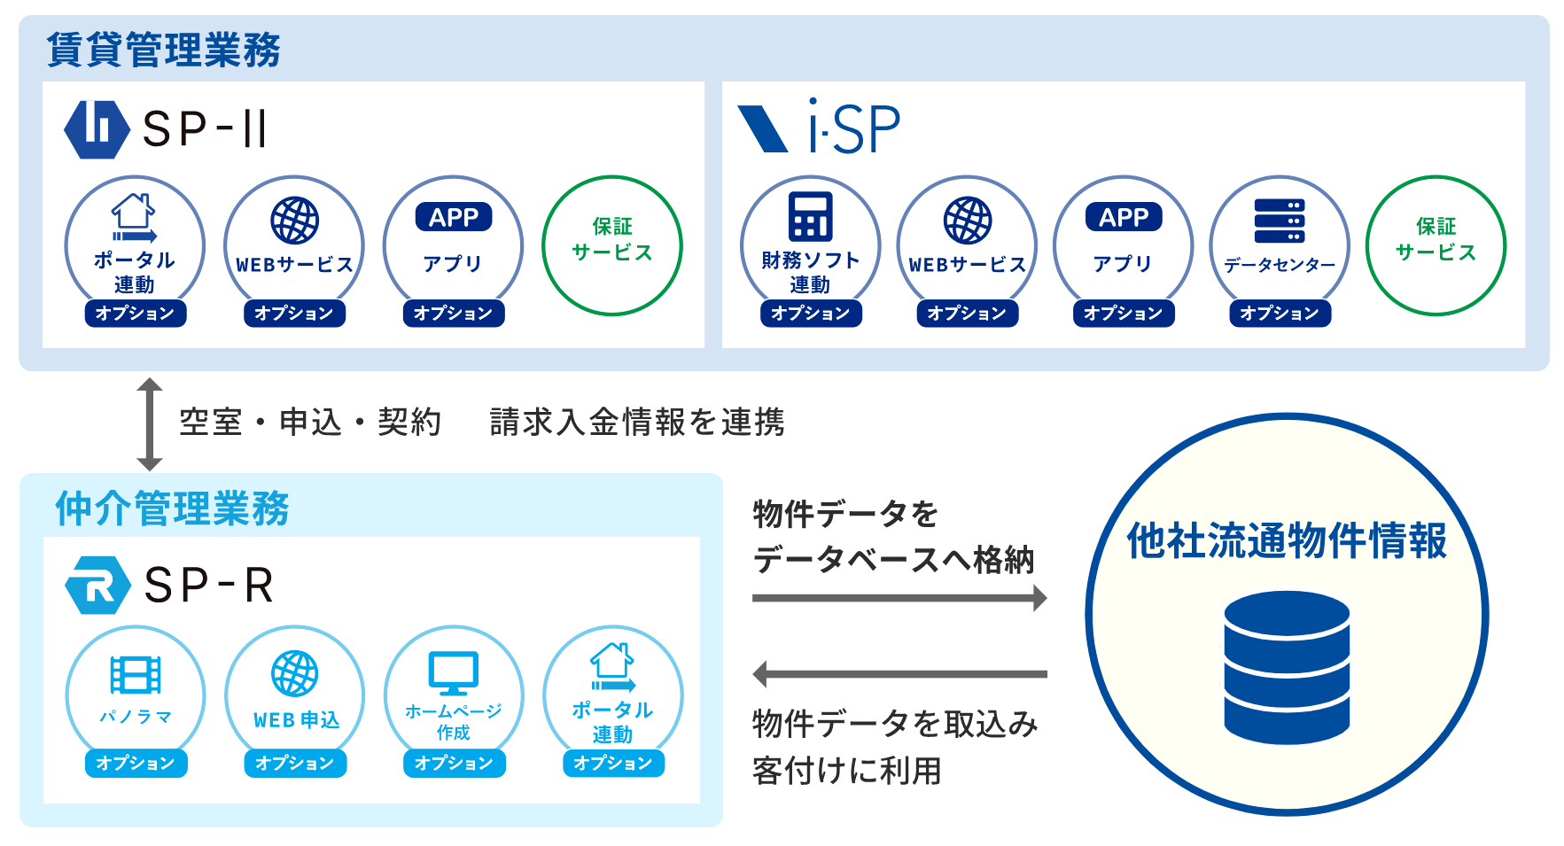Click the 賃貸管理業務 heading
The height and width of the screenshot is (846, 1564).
pos(163,50)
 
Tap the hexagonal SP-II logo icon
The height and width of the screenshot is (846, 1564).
pos(97,129)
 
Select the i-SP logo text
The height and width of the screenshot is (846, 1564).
pos(854,127)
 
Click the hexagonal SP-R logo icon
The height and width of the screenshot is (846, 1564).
pos(98,586)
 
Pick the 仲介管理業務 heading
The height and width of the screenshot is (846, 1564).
pos(172,508)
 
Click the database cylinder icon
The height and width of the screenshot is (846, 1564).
pos(1287,667)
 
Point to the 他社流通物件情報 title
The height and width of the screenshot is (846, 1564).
pos(1287,540)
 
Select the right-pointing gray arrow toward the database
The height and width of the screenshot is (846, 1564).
pos(899,598)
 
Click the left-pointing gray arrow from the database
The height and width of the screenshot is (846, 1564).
pos(899,674)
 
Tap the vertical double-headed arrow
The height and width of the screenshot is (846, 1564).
pos(149,424)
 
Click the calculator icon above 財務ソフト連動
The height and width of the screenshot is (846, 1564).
pos(810,216)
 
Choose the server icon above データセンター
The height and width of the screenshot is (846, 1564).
pos(1279,221)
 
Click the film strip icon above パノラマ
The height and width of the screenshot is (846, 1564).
pos(136,675)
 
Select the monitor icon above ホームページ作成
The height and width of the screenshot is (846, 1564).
pos(453,673)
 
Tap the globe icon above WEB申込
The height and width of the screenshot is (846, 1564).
pos(295,673)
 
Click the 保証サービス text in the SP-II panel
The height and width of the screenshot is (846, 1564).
pos(612,239)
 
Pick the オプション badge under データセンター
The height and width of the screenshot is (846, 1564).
pos(1280,314)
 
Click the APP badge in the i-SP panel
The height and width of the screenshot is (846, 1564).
pos(1124,217)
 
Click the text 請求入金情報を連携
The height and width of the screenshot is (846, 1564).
pos(637,423)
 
